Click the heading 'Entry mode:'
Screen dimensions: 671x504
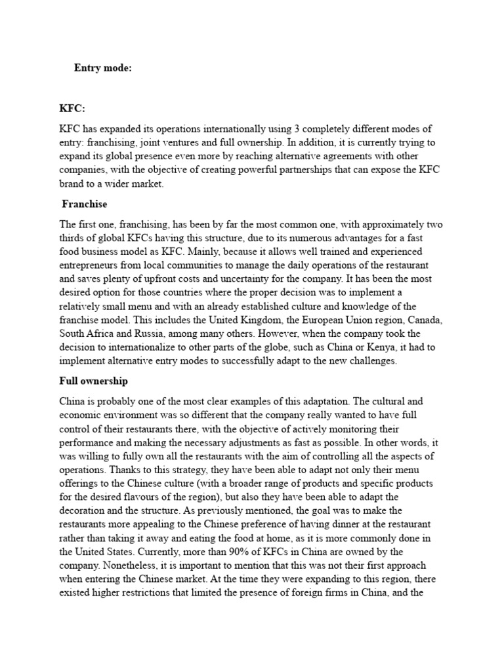click(x=103, y=67)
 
